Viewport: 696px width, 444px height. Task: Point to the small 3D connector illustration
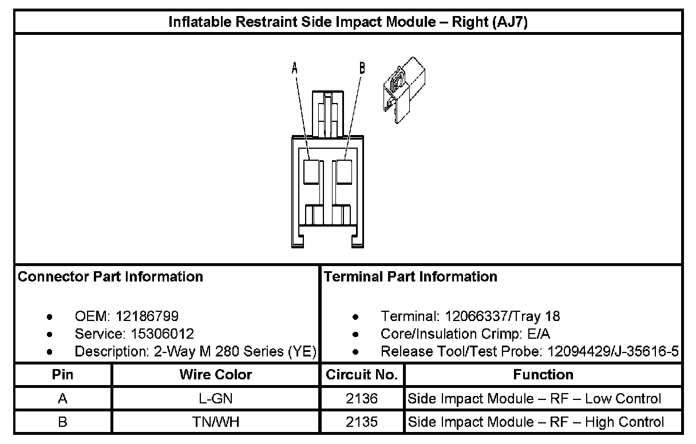pos(405,89)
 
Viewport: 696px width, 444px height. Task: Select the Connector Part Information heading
pos(110,277)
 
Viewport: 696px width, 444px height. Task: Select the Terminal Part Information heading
pos(410,277)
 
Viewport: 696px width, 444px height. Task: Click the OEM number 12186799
pos(147,316)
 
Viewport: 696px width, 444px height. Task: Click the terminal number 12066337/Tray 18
pos(503,316)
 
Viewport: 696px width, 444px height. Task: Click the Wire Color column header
pos(216,375)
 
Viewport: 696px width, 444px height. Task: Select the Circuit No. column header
pos(362,375)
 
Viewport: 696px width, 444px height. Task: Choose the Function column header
pos(543,375)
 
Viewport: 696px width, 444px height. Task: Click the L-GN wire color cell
pos(216,399)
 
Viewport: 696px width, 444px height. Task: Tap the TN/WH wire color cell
pos(216,422)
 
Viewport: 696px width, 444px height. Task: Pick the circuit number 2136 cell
pos(362,399)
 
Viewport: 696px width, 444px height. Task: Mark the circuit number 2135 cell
pos(362,422)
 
